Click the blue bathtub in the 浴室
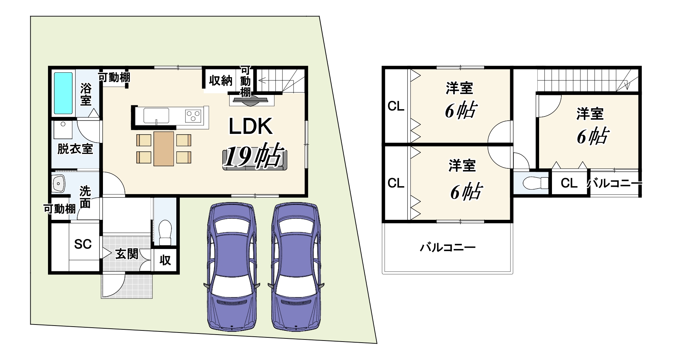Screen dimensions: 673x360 63,93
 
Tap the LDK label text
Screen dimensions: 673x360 250,126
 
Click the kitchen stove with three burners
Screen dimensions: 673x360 193,115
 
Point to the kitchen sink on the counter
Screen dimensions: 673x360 156,115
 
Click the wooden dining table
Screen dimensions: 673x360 164,149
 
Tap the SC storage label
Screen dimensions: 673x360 83,244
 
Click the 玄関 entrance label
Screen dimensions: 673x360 127,254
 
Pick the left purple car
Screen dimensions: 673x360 232,266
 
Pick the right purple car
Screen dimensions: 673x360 296,266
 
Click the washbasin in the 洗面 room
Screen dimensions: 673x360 58,183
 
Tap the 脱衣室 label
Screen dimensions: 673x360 75,149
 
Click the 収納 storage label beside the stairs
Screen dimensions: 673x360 221,81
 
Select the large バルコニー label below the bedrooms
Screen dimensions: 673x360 448,248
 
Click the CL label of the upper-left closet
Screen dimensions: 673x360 396,106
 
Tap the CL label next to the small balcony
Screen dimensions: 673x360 569,183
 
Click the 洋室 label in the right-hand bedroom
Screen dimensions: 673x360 590,114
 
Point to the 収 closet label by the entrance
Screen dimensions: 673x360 165,260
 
